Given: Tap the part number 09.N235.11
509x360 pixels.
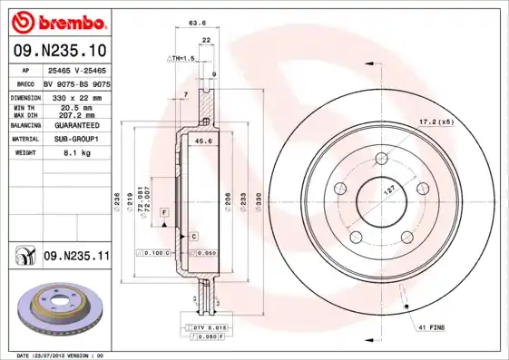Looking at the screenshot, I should (76, 257).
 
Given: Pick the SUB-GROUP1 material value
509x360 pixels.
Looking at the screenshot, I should (76, 139).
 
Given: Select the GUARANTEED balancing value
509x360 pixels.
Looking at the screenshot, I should (76, 124).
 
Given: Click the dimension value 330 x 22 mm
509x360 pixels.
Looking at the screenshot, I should (76, 96).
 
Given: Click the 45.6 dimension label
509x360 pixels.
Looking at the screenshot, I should (205, 141).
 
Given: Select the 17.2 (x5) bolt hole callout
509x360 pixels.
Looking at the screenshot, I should (436, 122).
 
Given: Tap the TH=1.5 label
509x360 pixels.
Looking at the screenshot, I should (181, 57).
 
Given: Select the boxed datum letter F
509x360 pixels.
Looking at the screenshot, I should (163, 210).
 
